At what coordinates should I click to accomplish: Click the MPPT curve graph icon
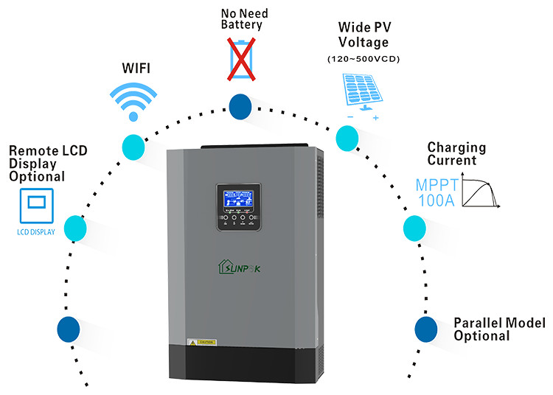[483, 191]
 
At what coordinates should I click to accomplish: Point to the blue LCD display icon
[35, 206]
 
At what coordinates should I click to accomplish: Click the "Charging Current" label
[451, 153]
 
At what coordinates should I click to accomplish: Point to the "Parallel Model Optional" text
[499, 329]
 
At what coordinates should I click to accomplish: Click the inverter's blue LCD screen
[237, 197]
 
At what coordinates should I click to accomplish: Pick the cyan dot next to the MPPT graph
[414, 228]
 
